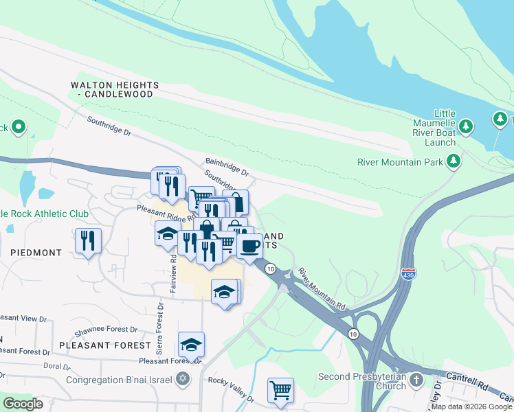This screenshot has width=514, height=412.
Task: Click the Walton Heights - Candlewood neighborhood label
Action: [x=115, y=89]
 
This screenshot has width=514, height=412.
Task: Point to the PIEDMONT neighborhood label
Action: [x=36, y=253]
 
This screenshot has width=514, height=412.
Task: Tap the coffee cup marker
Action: [x=250, y=245]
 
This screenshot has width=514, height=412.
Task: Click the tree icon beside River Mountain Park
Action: [x=453, y=161]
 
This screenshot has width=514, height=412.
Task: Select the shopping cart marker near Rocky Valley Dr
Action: [x=280, y=391]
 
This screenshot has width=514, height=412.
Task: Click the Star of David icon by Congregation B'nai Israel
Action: [x=182, y=379]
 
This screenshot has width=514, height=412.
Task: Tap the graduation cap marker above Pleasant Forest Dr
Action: [x=192, y=344]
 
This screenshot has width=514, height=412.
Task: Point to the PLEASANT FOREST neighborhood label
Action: [x=105, y=345]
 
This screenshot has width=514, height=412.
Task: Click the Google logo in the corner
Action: [x=23, y=403]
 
